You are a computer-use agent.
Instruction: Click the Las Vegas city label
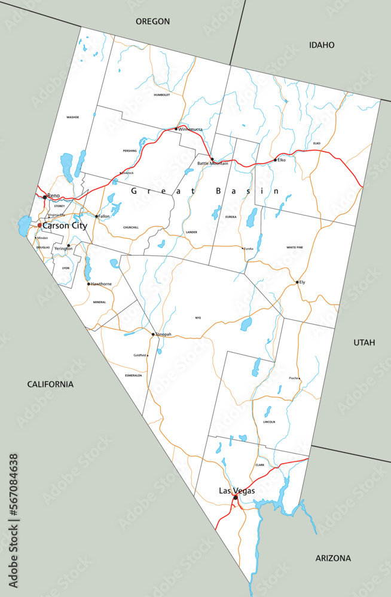[x=237, y=491]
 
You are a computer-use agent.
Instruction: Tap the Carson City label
[x=65, y=226]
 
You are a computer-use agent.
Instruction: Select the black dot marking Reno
[x=45, y=196]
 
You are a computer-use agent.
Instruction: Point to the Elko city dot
[x=275, y=160]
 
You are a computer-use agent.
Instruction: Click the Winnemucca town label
[x=191, y=129]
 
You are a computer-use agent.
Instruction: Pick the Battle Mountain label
[x=213, y=164]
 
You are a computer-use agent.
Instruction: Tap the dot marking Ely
[x=297, y=282]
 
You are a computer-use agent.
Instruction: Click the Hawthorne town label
[x=101, y=284]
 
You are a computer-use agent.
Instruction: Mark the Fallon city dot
[x=97, y=216]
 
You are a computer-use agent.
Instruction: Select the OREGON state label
[x=152, y=21]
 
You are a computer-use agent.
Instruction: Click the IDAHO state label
[x=322, y=45]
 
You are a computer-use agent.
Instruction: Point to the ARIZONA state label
[x=333, y=558]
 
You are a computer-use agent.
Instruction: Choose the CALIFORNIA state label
[x=50, y=384]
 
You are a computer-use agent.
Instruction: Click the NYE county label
[x=198, y=318]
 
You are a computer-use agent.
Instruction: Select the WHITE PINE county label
[x=295, y=247]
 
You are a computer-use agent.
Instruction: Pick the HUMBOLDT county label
[x=161, y=95]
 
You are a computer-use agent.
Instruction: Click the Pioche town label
[x=294, y=378]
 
